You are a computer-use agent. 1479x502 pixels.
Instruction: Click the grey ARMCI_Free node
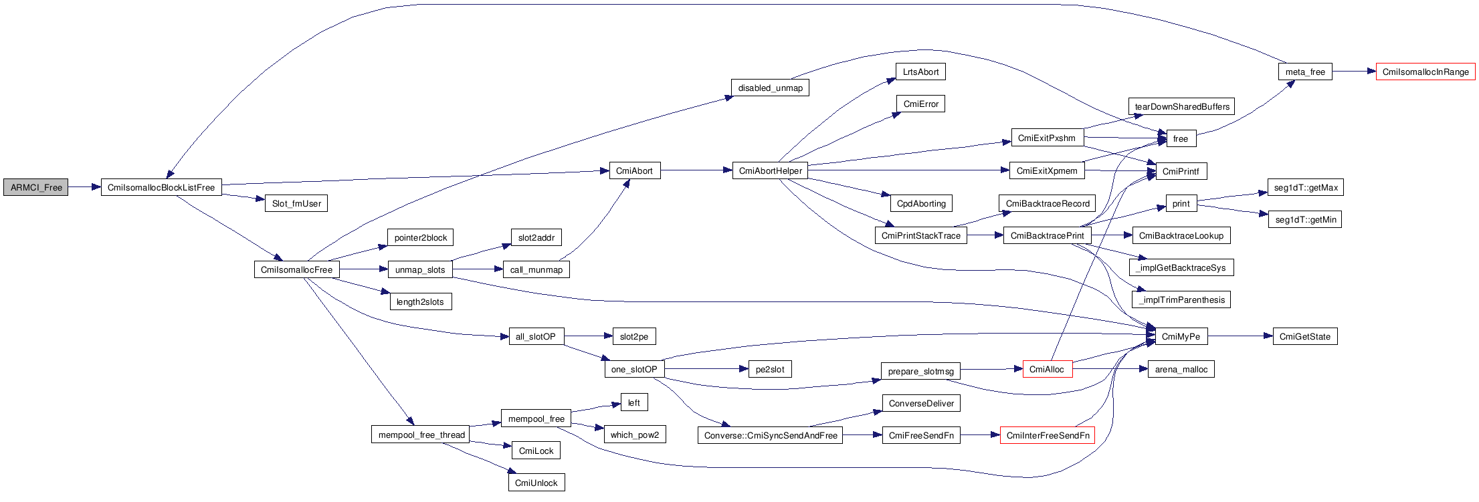(x=35, y=188)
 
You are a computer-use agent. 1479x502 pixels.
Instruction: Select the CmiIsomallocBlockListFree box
(x=161, y=188)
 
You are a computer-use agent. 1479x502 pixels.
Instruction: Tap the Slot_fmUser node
(x=296, y=204)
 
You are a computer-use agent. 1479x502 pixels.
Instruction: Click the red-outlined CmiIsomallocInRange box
(x=1425, y=72)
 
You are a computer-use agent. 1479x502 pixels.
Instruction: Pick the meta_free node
(x=1305, y=72)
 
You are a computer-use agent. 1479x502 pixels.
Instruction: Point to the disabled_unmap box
(x=770, y=88)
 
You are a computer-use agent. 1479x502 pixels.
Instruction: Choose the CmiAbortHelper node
(x=770, y=171)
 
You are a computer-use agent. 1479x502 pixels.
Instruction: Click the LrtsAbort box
(x=920, y=72)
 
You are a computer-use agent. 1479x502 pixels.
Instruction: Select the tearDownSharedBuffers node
(x=1182, y=107)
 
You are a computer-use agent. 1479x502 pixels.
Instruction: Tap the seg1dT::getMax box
(x=1306, y=188)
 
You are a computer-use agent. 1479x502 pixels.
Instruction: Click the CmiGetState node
(x=1304, y=337)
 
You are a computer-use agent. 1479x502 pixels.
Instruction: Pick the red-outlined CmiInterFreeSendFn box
(x=1048, y=436)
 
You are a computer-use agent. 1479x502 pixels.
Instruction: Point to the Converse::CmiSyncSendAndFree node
(x=771, y=436)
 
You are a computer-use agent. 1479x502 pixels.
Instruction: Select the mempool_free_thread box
(x=421, y=435)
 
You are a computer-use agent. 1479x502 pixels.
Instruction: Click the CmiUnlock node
(x=536, y=483)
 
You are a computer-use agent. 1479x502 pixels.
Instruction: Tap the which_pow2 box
(x=634, y=435)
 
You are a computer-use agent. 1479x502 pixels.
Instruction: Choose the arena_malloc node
(x=1181, y=370)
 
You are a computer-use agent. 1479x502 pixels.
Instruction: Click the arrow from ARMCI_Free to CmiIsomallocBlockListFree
(x=84, y=188)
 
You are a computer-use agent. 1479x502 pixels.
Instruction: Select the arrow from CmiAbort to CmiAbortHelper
(x=696, y=171)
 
